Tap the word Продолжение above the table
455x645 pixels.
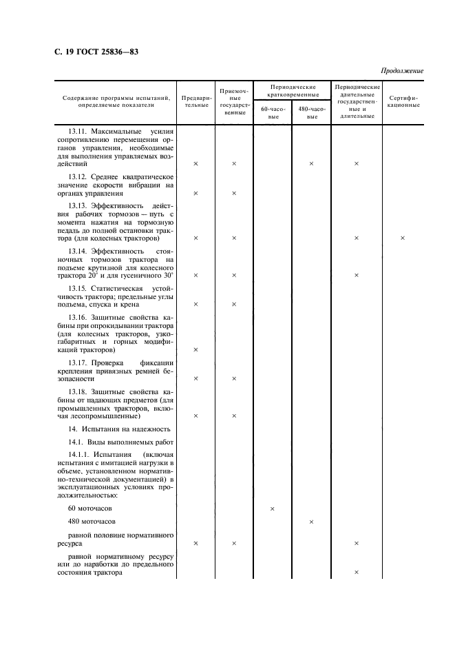(x=401, y=71)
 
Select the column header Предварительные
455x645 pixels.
(x=195, y=101)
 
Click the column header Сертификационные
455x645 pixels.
(x=403, y=101)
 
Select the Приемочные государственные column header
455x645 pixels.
(x=234, y=101)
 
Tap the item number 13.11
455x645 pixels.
(x=79, y=130)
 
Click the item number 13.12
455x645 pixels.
(x=79, y=176)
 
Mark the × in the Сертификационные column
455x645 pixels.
(x=403, y=238)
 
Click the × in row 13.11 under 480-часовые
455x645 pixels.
(x=311, y=163)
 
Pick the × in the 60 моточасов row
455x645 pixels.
(x=273, y=509)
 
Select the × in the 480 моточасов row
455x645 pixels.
(x=311, y=522)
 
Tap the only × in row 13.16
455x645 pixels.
(x=195, y=349)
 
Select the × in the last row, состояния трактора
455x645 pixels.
(x=357, y=572)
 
